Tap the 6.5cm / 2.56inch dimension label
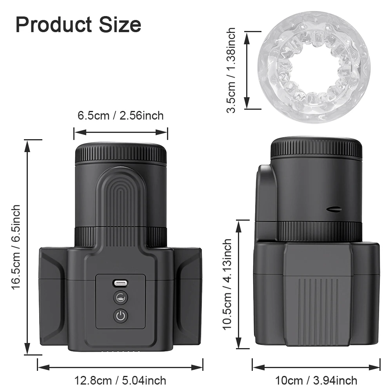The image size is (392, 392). pos(120,115)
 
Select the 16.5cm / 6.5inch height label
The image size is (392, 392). pos(16,247)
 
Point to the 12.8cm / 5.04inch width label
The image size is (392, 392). pos(120,380)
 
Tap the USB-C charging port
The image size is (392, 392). pos(121,283)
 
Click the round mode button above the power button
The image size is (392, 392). pos(121,298)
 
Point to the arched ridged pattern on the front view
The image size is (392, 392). pos(121,196)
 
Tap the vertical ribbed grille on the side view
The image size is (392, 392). pos(316,306)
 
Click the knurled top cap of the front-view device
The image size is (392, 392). pos(121,153)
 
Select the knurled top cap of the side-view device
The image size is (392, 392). pos(316,147)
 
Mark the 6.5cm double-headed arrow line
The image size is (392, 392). pos(121,132)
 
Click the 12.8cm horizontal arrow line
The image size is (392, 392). pos(120,367)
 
